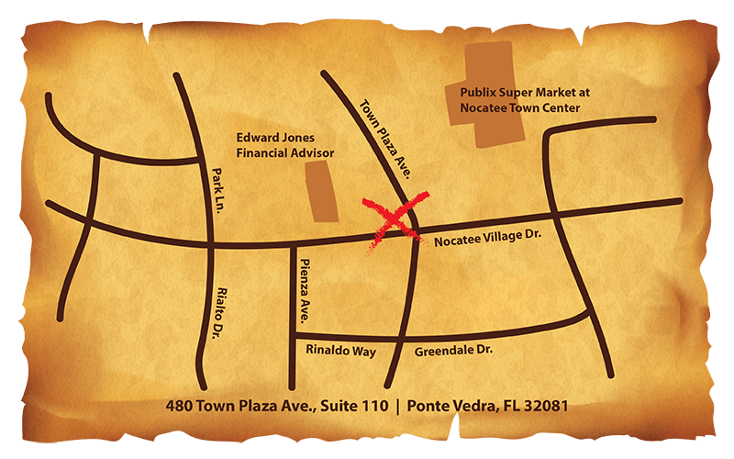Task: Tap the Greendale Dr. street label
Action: (454, 352)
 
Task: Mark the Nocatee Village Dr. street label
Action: (487, 236)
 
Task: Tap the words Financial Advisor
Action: (284, 152)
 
